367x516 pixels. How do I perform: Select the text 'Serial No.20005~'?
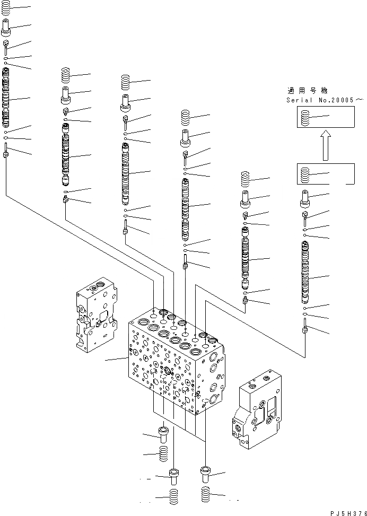click(325, 100)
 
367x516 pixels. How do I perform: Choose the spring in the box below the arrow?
click(304, 174)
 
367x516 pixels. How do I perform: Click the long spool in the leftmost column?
click(6, 101)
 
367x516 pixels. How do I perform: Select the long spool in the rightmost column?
click(305, 270)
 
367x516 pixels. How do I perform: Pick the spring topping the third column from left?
click(126, 82)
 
